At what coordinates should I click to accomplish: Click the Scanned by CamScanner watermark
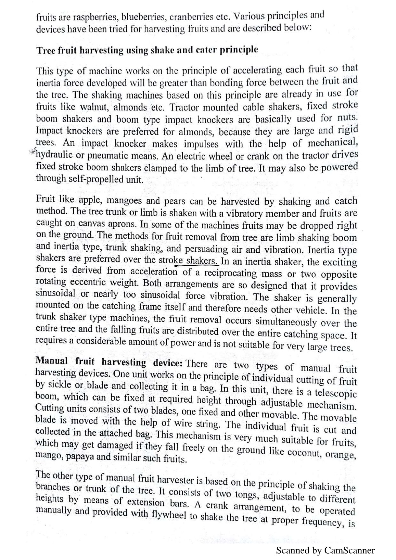click(x=325, y=550)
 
